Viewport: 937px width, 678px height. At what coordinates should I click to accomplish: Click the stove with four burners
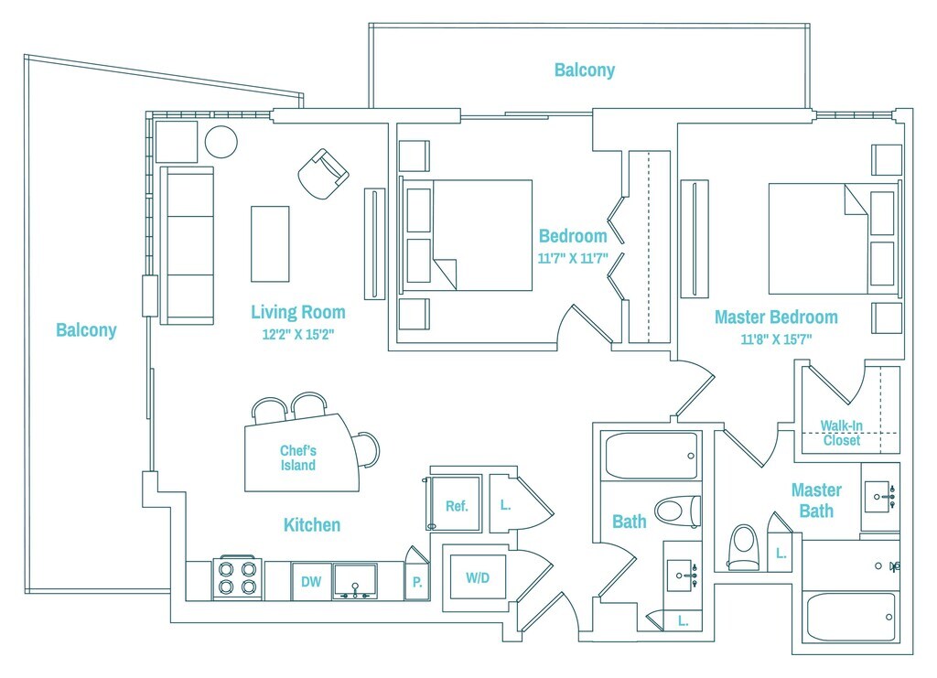click(237, 579)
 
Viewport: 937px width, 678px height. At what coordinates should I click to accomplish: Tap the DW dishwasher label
click(311, 581)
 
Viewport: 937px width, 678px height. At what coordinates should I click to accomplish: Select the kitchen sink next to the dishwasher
click(355, 581)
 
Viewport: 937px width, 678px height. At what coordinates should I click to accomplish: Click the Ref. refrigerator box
click(456, 503)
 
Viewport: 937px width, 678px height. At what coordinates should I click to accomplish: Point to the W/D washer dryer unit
click(478, 577)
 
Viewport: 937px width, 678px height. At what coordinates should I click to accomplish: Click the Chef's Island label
click(298, 458)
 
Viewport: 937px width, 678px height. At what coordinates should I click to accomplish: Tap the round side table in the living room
click(221, 142)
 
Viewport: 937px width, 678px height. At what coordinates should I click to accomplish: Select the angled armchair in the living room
click(323, 174)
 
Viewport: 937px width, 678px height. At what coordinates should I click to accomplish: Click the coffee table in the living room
click(270, 243)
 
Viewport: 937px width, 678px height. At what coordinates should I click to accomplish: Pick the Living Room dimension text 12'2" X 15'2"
click(298, 335)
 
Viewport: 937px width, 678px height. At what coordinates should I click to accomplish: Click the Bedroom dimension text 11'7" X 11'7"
click(573, 259)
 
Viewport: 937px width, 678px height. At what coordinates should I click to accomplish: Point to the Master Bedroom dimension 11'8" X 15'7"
click(776, 339)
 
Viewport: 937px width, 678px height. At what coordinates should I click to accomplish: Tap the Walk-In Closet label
click(842, 433)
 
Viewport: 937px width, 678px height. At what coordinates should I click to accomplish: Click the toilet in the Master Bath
click(744, 546)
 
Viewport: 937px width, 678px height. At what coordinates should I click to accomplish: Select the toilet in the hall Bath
click(678, 511)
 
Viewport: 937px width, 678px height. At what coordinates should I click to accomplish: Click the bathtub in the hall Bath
click(652, 455)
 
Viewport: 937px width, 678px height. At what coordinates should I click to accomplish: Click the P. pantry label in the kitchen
click(417, 582)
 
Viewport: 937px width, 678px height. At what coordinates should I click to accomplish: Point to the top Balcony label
click(585, 70)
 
